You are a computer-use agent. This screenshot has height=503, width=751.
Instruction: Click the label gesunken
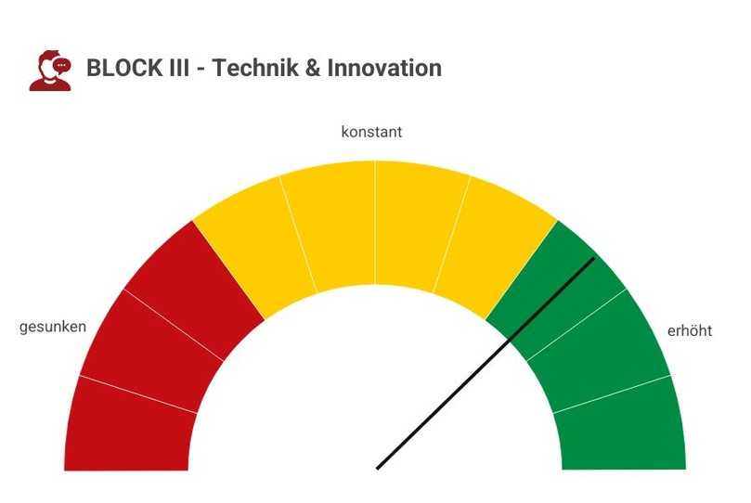pyautogui.click(x=53, y=327)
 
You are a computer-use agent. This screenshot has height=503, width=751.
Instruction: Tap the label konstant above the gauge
pyautogui.click(x=371, y=132)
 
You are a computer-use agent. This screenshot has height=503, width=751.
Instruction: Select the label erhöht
pyautogui.click(x=690, y=331)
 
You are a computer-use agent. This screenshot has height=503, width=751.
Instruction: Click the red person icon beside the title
pyautogui.click(x=50, y=71)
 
